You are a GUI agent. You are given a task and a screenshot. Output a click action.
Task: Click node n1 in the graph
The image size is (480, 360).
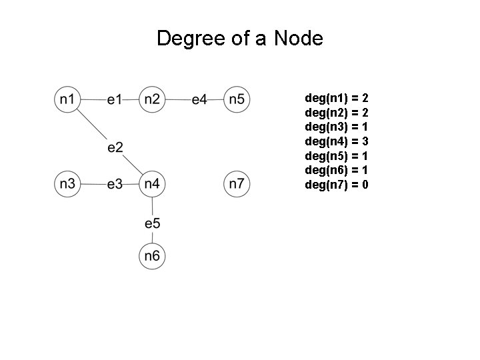pyautogui.click(x=67, y=100)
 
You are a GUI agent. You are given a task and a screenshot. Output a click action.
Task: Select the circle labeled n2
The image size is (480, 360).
pyautogui.click(x=152, y=100)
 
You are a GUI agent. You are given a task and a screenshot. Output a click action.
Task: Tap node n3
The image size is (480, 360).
pyautogui.click(x=67, y=183)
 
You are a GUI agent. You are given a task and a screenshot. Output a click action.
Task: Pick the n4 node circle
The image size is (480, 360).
pyautogui.click(x=152, y=183)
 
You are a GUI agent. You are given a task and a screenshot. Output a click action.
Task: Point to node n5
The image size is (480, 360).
pyautogui.click(x=236, y=100)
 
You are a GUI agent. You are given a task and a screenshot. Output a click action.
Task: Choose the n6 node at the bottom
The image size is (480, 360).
pyautogui.click(x=152, y=256)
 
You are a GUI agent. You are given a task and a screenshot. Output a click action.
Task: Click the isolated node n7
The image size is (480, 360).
pyautogui.click(x=236, y=183)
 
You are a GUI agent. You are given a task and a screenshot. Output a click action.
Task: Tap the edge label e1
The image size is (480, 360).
pyautogui.click(x=115, y=100)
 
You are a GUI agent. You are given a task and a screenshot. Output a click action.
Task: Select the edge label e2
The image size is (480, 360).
pyautogui.click(x=115, y=147)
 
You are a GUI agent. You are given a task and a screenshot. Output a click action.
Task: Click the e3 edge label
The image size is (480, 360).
pyautogui.click(x=115, y=183)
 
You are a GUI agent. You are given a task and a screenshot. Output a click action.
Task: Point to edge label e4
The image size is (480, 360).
pyautogui.click(x=199, y=100)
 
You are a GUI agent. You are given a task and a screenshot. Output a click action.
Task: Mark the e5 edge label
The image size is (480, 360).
pyautogui.click(x=152, y=223)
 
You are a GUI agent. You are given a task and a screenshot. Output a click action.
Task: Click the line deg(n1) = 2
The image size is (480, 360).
pyautogui.click(x=337, y=98)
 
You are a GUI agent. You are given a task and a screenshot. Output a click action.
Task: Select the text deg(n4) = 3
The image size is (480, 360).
pyautogui.click(x=337, y=141)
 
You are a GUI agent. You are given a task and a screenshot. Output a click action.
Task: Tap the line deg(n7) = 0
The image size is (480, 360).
pyautogui.click(x=337, y=185)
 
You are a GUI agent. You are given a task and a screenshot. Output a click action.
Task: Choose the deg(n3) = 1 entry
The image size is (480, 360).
pyautogui.click(x=337, y=127)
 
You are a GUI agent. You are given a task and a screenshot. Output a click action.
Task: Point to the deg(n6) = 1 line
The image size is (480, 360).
pyautogui.click(x=337, y=170)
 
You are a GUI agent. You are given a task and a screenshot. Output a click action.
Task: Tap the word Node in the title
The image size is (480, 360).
pyautogui.click(x=299, y=39)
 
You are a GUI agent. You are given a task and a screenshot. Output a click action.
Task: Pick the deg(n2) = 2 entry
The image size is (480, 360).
pyautogui.click(x=337, y=113)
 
